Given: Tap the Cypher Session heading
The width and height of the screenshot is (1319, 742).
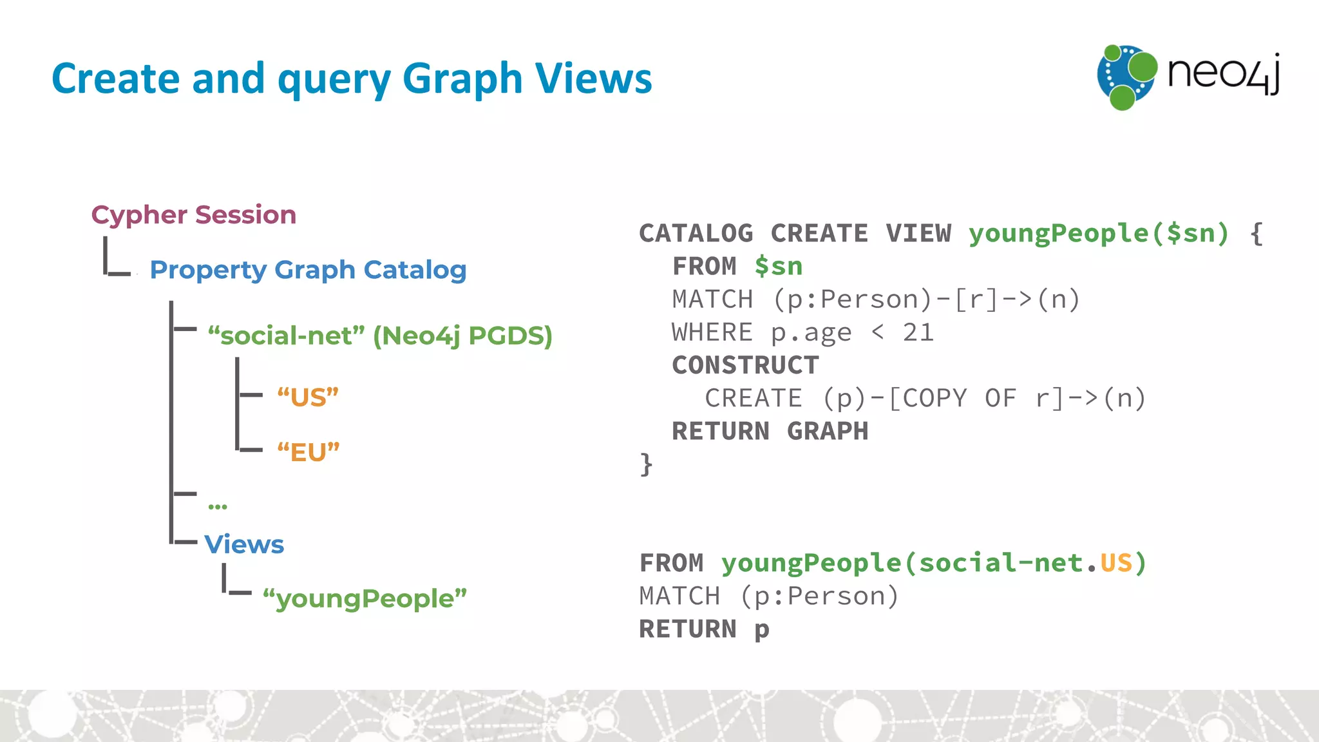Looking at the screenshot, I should point(194,214).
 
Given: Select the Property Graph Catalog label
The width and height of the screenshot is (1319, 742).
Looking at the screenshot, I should point(308,270).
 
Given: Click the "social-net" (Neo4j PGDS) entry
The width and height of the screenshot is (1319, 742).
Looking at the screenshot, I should point(380,336).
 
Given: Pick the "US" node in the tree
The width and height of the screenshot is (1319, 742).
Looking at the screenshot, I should point(308,397).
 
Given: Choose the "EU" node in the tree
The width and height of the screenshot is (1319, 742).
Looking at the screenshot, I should point(308,452).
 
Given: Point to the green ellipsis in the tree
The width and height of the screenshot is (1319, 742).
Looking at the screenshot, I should point(218,506).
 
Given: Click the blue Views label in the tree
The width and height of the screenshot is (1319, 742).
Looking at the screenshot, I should point(244,544).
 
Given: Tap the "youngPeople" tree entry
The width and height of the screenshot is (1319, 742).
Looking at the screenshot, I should point(365,598).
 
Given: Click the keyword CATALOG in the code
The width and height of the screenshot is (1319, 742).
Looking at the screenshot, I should point(696,233).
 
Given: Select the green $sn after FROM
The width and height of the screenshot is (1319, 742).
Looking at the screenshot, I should point(779,266).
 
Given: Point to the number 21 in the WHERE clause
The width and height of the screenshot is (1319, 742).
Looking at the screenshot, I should point(918,332).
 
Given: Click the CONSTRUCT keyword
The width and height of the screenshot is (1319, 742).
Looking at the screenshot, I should point(745,365).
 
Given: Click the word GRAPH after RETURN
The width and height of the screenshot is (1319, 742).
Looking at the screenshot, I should point(828,431).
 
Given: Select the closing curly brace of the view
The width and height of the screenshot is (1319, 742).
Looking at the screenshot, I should point(646,464).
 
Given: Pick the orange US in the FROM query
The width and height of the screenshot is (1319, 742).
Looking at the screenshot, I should point(1115,563).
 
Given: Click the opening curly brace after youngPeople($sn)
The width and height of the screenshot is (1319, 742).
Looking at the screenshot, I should point(1256,233).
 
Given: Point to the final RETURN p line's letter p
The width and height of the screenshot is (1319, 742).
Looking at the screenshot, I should point(762,629).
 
